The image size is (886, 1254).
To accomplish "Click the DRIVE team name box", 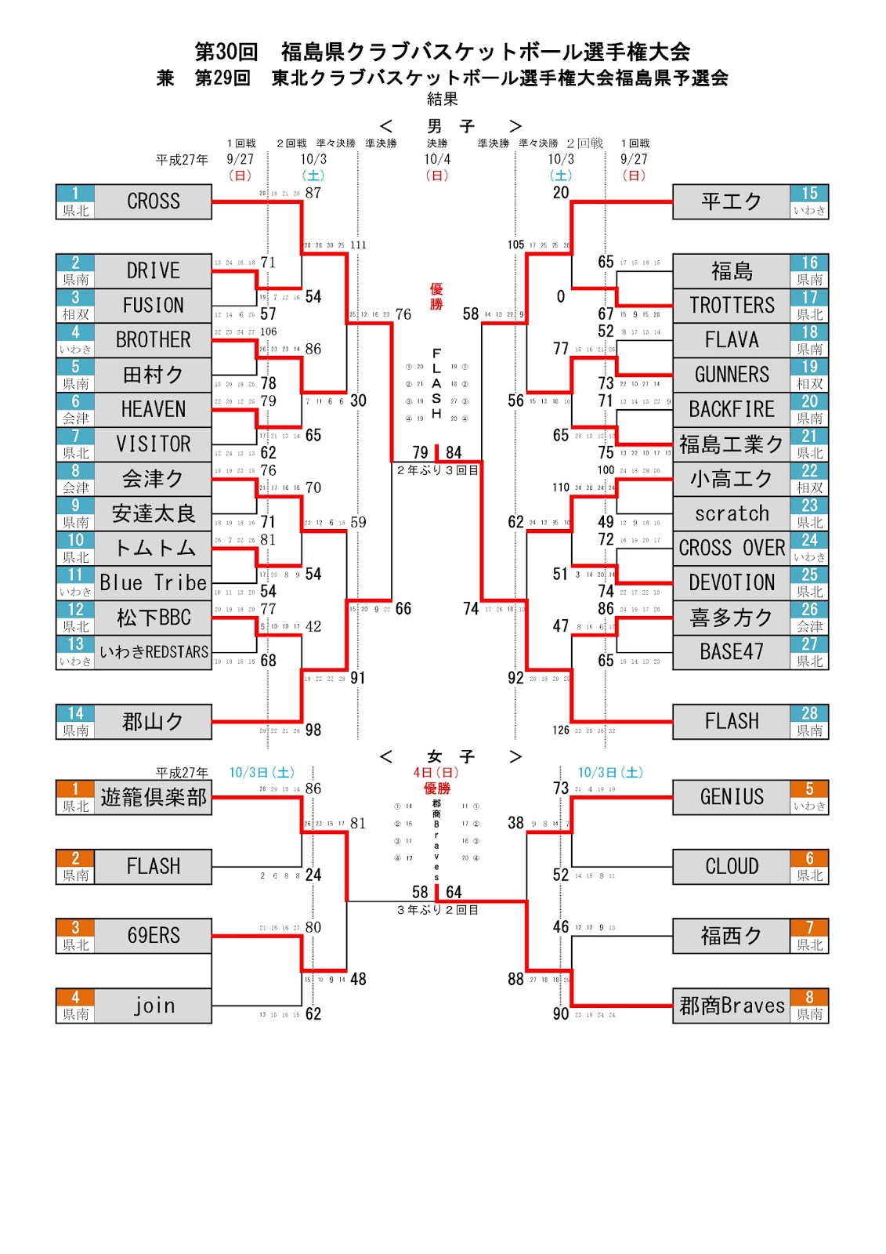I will [154, 271].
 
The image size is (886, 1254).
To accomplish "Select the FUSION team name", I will [154, 306].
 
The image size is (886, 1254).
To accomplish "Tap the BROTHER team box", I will [154, 340].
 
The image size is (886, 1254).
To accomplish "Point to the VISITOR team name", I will [154, 444].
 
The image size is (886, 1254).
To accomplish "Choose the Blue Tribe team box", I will [154, 583].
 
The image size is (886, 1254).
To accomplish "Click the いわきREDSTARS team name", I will [154, 652].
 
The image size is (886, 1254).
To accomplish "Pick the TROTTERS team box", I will [732, 306].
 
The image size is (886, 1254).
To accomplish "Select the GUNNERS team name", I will [732, 375].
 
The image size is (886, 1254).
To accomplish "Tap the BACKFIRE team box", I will [732, 409].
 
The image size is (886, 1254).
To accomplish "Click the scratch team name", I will [732, 513].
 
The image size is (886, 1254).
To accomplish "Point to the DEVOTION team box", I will [732, 583].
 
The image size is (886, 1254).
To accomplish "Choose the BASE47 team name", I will [732, 652].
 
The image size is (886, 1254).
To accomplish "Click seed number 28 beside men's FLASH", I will [809, 713].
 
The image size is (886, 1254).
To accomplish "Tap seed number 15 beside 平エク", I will [809, 194].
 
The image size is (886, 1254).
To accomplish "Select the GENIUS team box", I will [732, 797].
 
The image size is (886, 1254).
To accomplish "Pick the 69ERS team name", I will [154, 936].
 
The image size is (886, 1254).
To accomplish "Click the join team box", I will [154, 1006].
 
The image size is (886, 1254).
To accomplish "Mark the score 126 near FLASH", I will [561, 730].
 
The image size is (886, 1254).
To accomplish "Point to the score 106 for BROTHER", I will [268, 332].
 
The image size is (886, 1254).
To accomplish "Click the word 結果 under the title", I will [443, 100].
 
